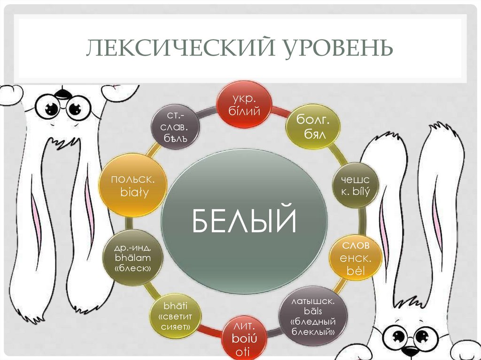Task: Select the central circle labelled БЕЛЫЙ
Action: [244, 221]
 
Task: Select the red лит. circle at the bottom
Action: [243, 338]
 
